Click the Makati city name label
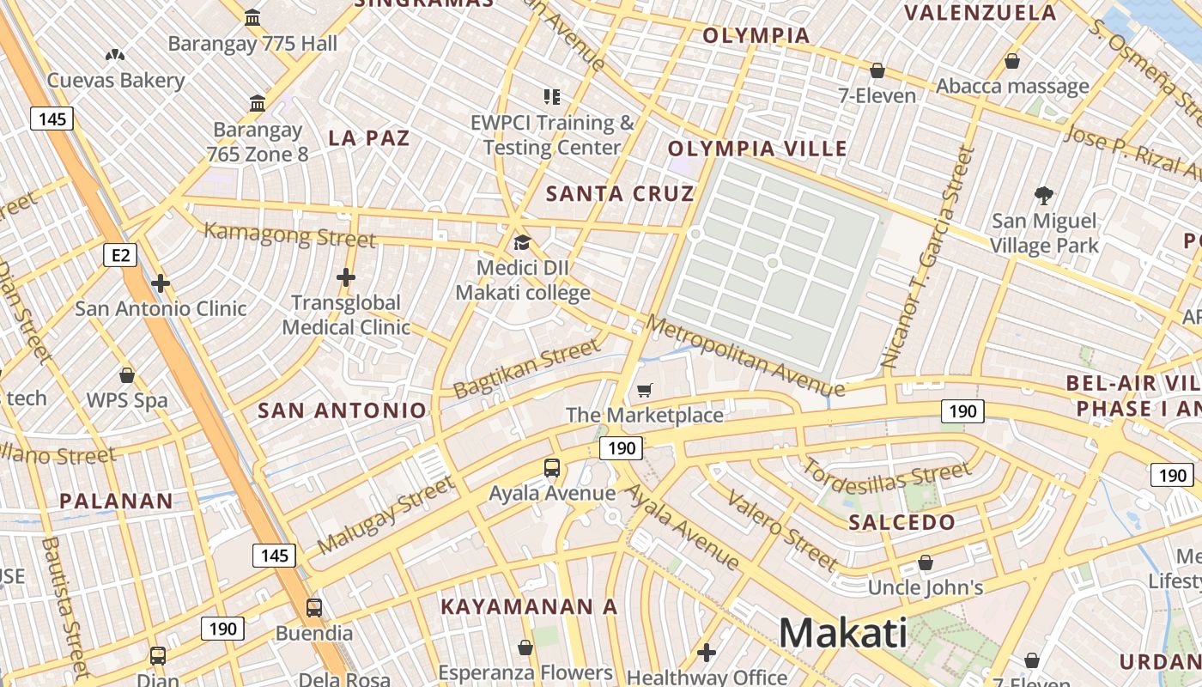point(842,634)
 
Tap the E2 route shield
point(120,254)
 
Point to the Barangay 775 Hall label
point(252,43)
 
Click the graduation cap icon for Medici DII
point(522,242)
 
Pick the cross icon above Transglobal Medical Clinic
point(346,277)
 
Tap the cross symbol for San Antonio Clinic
point(161,283)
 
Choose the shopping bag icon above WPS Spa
point(127,375)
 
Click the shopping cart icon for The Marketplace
point(645,391)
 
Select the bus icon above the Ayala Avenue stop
point(552,468)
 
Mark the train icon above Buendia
point(314,608)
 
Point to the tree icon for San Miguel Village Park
point(1044,196)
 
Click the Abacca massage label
point(1012,86)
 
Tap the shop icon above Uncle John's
point(926,563)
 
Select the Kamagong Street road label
point(289,234)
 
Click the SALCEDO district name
point(901,522)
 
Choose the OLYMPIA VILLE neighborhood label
point(757,149)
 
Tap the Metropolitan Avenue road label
point(744,356)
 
